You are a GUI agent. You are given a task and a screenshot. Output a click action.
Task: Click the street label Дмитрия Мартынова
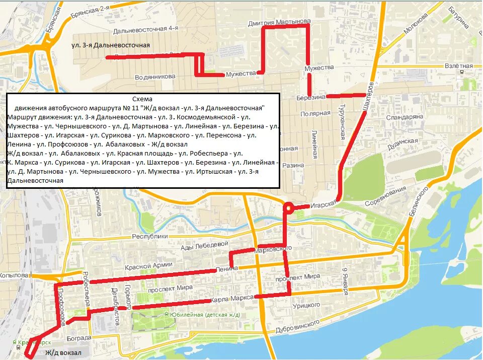click(279, 23)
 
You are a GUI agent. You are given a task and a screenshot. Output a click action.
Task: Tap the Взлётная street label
click(459, 66)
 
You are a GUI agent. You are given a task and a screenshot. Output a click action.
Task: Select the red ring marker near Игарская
click(289, 207)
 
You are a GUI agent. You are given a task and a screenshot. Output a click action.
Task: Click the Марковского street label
click(274, 249)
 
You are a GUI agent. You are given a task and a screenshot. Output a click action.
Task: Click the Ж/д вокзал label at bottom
click(63, 353)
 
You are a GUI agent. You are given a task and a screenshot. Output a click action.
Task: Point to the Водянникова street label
click(155, 77)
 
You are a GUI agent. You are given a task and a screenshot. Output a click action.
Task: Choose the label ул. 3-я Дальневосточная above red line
click(111, 45)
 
